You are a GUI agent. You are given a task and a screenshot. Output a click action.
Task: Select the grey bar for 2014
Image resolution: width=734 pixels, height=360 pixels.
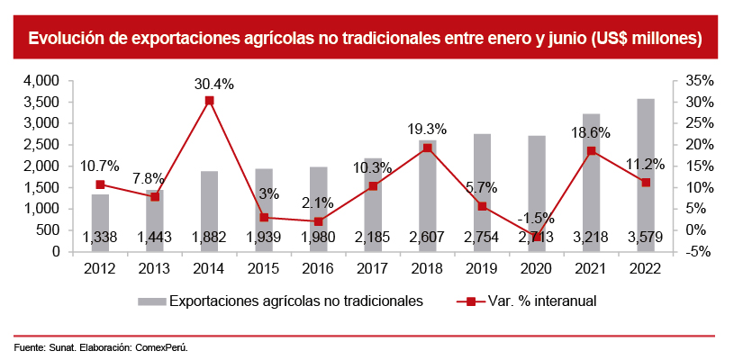click(209, 211)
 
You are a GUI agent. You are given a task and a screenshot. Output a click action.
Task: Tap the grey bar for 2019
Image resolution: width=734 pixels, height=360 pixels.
click(482, 193)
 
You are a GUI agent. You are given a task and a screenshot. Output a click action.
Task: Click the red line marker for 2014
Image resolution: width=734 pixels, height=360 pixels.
click(209, 101)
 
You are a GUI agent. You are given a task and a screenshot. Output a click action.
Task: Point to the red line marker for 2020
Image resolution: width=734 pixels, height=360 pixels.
click(537, 237)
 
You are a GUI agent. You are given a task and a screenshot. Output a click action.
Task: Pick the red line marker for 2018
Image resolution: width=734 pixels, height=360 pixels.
click(428, 148)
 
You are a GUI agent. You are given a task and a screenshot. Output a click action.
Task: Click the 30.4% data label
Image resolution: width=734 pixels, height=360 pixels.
click(214, 84)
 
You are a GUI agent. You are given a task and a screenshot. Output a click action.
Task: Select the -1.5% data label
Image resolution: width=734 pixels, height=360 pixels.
click(536, 218)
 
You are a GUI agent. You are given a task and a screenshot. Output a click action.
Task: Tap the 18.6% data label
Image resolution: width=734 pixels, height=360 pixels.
click(591, 131)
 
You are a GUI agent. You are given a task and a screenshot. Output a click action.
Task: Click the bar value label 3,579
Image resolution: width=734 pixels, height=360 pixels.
click(646, 238)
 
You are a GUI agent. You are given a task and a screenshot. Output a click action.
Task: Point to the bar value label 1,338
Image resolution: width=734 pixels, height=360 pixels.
click(100, 238)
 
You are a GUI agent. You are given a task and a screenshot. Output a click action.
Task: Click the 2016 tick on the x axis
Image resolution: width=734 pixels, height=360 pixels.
click(318, 269)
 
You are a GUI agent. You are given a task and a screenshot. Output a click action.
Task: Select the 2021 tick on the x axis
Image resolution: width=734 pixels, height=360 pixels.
click(591, 269)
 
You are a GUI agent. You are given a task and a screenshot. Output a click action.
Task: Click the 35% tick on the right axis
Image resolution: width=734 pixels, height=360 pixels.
click(698, 81)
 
